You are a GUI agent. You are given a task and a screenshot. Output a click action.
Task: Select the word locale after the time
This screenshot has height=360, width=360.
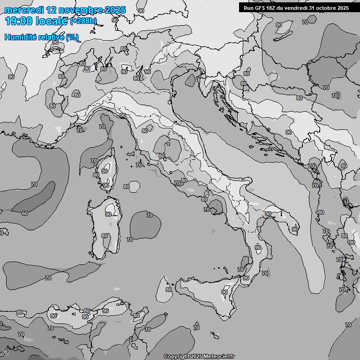52,21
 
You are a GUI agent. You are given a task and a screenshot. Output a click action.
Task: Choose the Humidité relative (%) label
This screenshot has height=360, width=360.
41,37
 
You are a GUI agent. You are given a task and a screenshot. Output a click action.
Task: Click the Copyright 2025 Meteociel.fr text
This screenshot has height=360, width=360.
199,356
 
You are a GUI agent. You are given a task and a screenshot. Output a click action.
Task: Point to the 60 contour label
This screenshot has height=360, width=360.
25,213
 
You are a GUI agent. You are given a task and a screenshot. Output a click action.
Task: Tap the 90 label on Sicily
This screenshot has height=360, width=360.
225,292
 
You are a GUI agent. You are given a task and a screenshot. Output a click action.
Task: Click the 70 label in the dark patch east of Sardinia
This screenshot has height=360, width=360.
150,215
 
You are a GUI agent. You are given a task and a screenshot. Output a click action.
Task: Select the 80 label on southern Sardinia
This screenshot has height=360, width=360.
105,236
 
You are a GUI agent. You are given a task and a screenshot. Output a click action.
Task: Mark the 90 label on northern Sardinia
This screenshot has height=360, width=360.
108,214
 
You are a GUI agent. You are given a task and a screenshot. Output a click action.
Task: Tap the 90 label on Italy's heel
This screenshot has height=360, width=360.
294,229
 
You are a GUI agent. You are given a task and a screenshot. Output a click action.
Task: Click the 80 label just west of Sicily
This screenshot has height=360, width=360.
169,290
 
